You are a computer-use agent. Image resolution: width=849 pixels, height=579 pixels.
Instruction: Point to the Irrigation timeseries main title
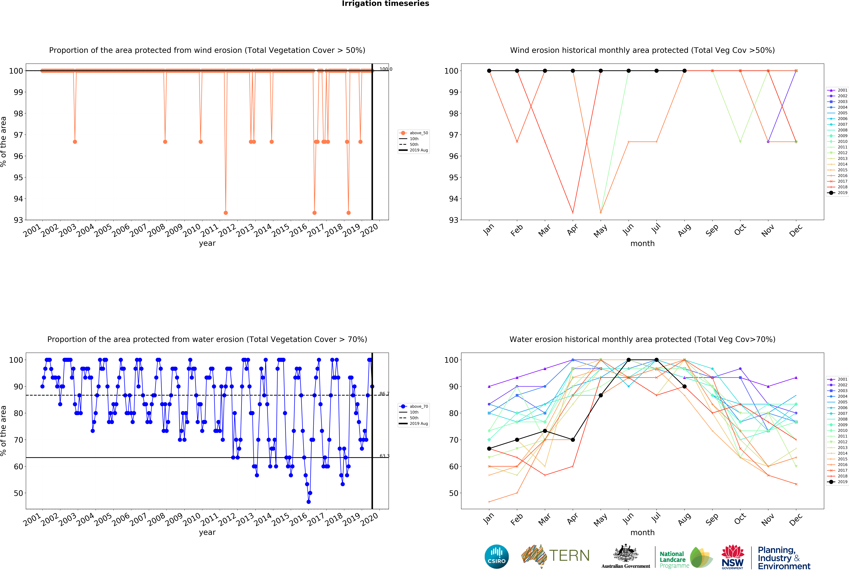[385, 4]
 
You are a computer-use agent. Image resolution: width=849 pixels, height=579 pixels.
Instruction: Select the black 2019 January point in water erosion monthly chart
[489, 449]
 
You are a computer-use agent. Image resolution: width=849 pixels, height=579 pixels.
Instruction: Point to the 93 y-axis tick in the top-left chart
[18, 220]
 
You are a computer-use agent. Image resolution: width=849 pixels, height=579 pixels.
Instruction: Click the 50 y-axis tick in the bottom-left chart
[18, 493]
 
